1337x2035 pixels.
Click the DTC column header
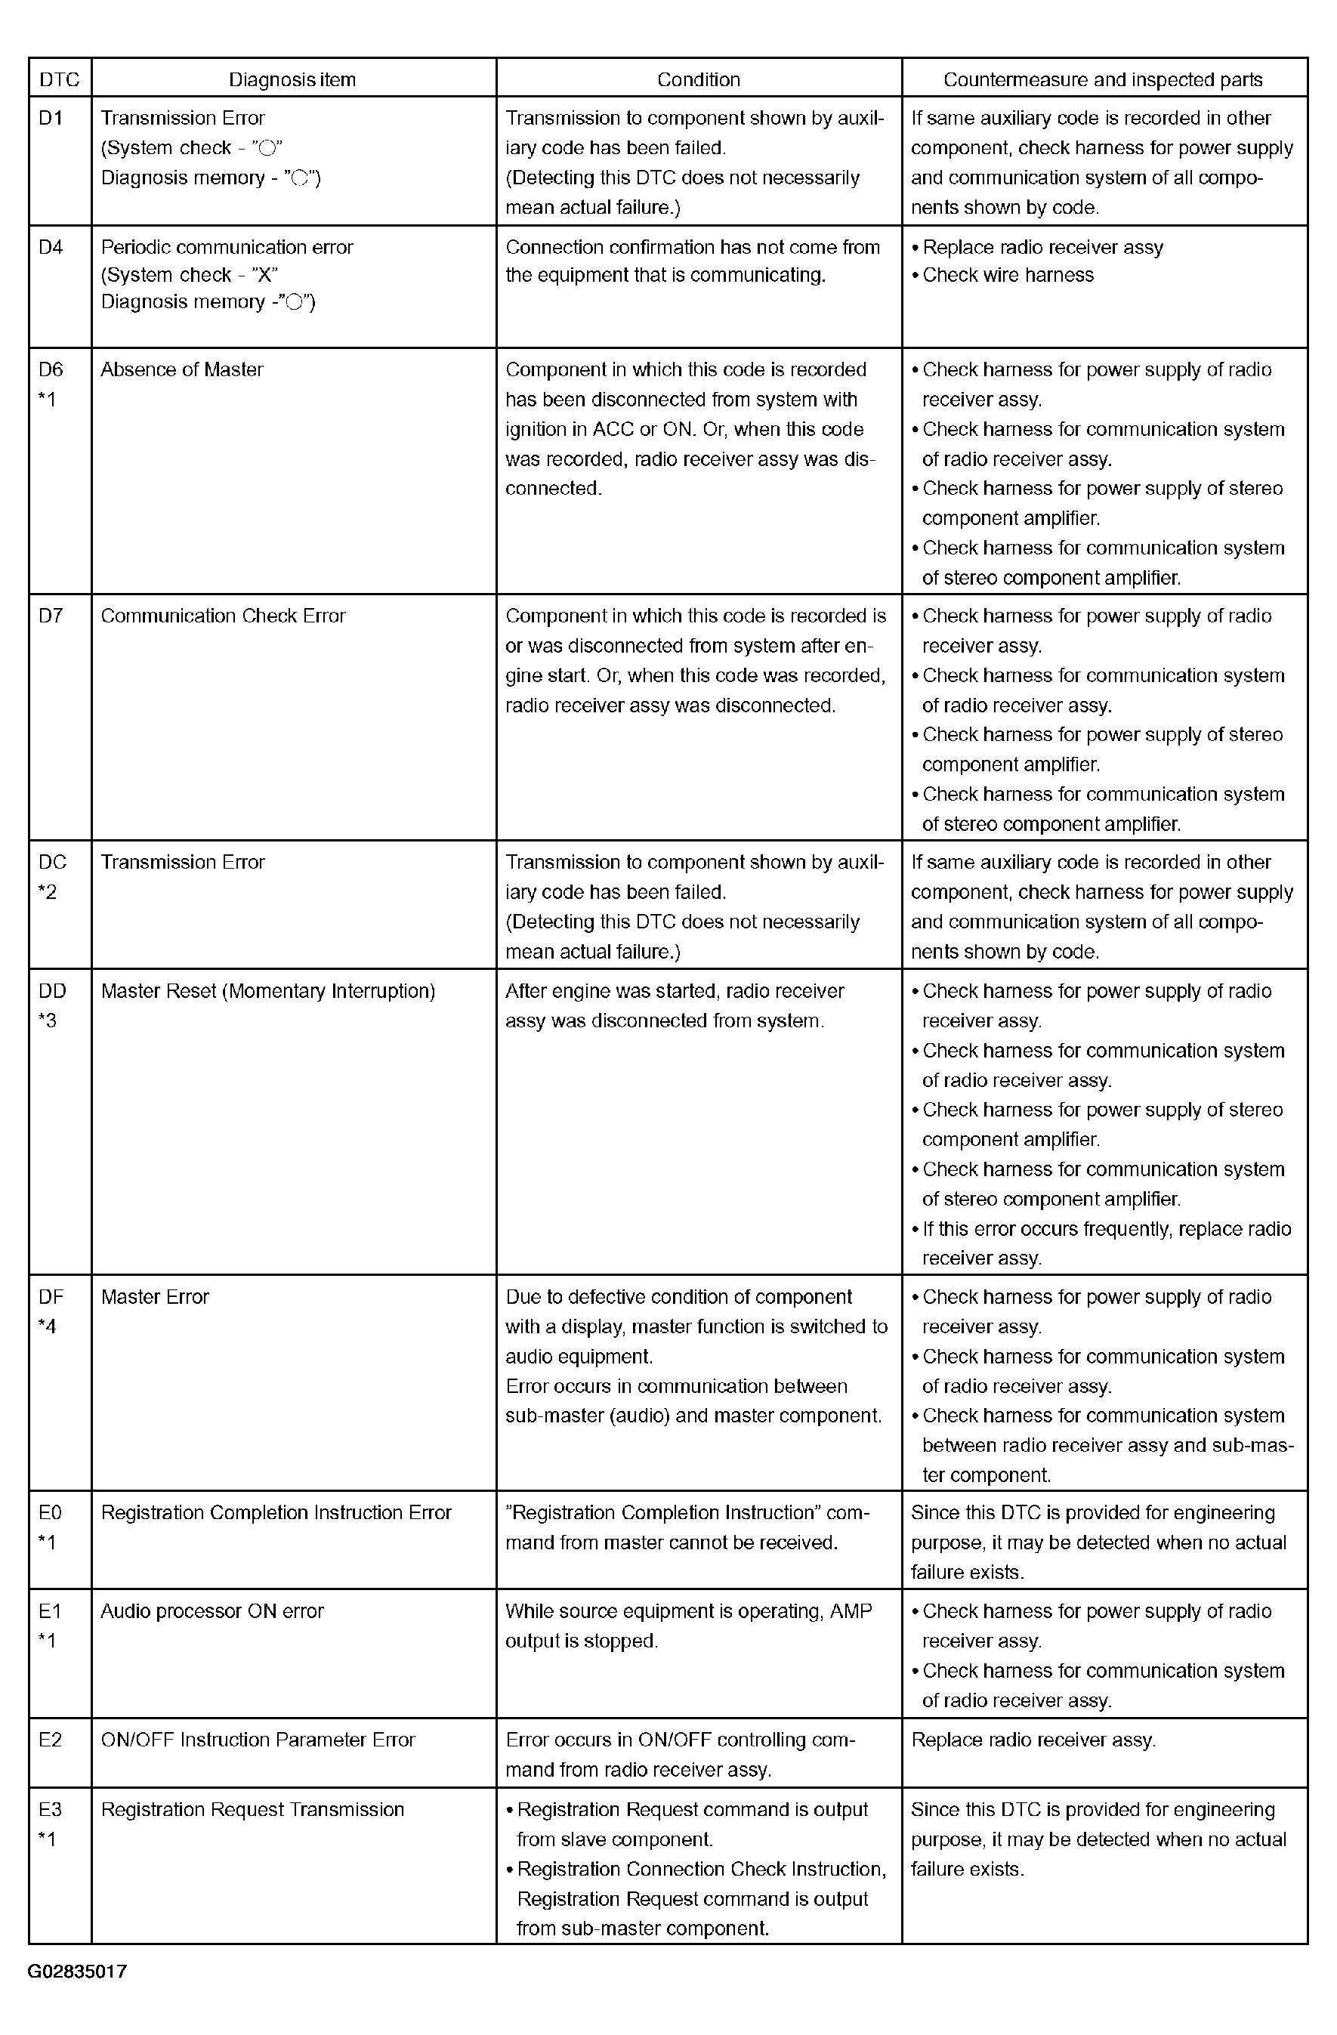tap(59, 79)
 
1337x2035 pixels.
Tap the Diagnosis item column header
tap(292, 79)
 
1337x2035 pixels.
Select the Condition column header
tap(699, 79)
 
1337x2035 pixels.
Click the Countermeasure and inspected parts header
tap(1103, 79)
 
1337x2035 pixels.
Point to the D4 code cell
tap(51, 247)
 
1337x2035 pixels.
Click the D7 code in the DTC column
tap(51, 616)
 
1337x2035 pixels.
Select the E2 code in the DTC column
tap(51, 1739)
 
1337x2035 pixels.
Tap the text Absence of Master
tap(182, 369)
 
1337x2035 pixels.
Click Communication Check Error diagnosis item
tap(223, 616)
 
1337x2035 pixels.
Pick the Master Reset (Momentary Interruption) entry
tap(267, 991)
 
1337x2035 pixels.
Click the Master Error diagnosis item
tap(155, 1297)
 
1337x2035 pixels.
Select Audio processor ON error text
tap(212, 1611)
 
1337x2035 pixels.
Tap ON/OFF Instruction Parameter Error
tap(258, 1739)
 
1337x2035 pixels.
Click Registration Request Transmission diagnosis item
tap(252, 1809)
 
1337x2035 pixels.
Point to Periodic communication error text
tap(227, 247)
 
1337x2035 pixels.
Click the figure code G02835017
tap(77, 1972)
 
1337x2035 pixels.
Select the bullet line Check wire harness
tap(1007, 275)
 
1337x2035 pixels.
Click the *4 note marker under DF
tap(48, 1326)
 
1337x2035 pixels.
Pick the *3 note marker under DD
tap(48, 1020)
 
